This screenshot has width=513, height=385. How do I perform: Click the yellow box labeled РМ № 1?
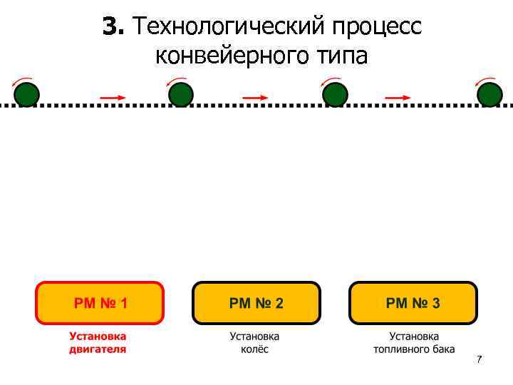click(x=100, y=303)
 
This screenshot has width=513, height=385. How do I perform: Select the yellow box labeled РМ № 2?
click(x=256, y=303)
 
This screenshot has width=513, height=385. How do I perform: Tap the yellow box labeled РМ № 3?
click(x=413, y=303)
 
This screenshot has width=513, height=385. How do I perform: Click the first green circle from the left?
click(x=27, y=95)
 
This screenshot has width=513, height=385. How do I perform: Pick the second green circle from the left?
click(x=181, y=95)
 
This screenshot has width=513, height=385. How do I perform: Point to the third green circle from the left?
click(x=335, y=95)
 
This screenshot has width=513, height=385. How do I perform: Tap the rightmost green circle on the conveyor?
click(x=489, y=95)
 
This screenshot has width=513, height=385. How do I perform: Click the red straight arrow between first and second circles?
click(x=113, y=97)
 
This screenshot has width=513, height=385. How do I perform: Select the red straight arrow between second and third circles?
click(x=256, y=97)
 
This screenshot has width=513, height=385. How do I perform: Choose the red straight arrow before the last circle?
click(x=398, y=97)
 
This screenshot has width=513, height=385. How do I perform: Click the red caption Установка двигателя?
click(x=98, y=343)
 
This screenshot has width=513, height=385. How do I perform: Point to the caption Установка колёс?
click(x=254, y=343)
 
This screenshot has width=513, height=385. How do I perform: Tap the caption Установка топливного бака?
click(x=414, y=343)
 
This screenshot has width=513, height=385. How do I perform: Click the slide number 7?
click(x=479, y=359)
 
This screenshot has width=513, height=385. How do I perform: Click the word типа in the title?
click(x=338, y=56)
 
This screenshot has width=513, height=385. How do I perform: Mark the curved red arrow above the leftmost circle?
click(x=22, y=79)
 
